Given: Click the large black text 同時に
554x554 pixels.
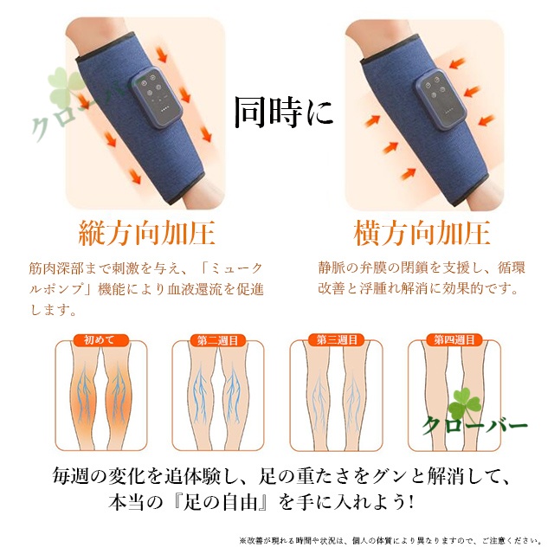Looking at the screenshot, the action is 284,113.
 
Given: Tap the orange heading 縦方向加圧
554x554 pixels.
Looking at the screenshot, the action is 146,233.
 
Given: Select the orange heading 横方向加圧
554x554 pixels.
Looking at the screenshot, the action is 422,233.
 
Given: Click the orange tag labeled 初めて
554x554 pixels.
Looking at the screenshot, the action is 100,340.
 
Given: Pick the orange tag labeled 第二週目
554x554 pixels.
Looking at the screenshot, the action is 217,340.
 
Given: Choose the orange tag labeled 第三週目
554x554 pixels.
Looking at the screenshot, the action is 337,340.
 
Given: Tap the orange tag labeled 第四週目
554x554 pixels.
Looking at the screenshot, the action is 454,340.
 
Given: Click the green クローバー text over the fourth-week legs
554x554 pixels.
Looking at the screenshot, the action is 474,426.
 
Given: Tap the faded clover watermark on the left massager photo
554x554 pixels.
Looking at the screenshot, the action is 66,87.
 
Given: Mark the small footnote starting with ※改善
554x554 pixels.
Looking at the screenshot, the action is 390,541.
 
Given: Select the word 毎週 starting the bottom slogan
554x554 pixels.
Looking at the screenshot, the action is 70,476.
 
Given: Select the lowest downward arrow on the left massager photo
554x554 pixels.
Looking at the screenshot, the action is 135,176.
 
